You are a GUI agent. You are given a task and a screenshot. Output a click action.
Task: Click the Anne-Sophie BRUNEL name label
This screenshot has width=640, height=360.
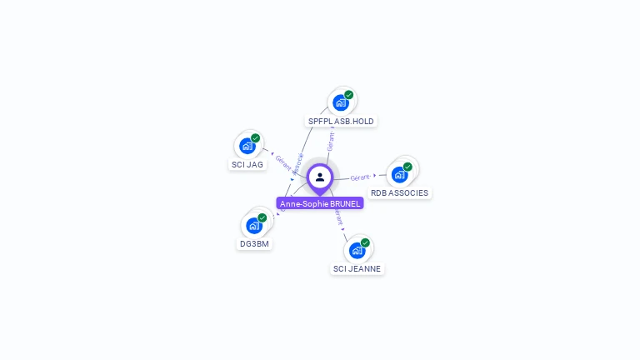(320, 203)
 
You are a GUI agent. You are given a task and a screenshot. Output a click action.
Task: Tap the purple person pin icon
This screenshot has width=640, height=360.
(320, 177)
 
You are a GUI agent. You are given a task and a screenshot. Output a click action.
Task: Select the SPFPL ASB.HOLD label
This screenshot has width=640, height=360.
(342, 121)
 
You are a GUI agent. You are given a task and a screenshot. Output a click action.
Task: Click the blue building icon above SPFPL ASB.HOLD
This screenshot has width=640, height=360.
(340, 103)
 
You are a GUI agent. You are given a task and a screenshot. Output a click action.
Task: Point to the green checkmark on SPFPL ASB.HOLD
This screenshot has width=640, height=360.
(349, 95)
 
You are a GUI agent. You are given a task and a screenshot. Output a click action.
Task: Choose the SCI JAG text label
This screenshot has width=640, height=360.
(247, 164)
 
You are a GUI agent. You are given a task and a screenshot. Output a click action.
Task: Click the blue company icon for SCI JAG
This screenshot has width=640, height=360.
(247, 147)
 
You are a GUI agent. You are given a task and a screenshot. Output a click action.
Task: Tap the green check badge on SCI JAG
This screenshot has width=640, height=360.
(256, 138)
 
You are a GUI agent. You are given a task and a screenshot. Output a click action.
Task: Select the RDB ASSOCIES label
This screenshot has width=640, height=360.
(399, 192)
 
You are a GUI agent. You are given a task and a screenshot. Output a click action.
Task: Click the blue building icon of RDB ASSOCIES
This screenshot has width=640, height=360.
(399, 175)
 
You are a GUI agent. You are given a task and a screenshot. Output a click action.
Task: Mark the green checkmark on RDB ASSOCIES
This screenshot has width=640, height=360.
(408, 167)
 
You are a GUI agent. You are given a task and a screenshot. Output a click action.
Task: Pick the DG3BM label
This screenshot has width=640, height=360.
(254, 243)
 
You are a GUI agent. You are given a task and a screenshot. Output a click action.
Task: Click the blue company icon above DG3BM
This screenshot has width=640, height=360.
(253, 226)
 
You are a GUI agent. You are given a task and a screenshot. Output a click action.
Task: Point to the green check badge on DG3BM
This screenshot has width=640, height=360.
(262, 217)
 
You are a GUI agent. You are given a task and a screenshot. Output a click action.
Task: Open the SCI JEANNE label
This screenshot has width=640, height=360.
(357, 268)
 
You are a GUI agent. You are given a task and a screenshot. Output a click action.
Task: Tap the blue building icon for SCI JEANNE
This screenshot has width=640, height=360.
(357, 251)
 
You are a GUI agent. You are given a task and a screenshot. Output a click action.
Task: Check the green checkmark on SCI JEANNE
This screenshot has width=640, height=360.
(366, 242)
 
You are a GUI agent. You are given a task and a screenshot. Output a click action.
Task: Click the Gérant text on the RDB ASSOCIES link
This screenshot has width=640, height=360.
(360, 177)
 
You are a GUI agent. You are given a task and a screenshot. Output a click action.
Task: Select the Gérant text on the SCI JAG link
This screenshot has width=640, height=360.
(282, 160)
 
